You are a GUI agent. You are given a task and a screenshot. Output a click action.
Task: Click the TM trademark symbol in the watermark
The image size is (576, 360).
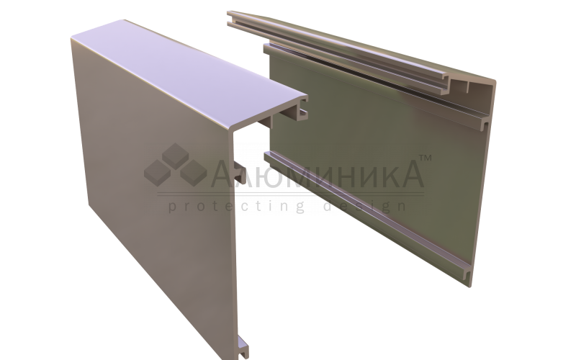[x=426, y=158]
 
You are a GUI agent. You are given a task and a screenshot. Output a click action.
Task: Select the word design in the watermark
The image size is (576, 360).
[x=366, y=207]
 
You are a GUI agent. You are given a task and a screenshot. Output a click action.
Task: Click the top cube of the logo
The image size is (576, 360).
[x=175, y=156]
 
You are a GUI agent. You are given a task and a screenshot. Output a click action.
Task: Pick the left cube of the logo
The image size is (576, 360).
[x=157, y=173]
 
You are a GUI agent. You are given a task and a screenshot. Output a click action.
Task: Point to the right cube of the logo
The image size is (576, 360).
[x=194, y=173]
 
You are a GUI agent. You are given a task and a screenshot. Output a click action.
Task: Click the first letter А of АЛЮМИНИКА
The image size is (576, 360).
[x=225, y=174]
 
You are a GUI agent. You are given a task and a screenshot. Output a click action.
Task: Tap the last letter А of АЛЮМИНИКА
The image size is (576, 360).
[x=410, y=174]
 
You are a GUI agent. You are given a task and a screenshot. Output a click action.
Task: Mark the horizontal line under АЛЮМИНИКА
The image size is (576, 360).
[x=291, y=194]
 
